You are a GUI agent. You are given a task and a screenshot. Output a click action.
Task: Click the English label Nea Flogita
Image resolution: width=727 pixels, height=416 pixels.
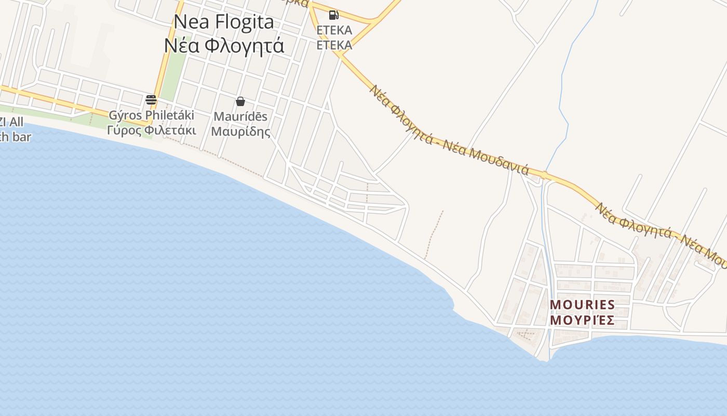pos(223,22)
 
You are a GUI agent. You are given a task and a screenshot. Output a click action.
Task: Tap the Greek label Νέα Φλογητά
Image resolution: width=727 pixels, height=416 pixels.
pos(224,46)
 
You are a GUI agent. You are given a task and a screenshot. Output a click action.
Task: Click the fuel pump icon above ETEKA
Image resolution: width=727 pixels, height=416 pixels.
pos(334,15)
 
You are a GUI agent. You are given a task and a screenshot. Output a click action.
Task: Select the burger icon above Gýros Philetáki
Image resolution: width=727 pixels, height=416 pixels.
pos(151,100)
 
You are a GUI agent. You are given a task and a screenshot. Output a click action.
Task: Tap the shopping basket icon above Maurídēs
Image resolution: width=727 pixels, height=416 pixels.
pos(240,101)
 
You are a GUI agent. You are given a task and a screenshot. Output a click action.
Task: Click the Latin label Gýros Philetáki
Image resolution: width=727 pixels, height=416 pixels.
pos(151,115)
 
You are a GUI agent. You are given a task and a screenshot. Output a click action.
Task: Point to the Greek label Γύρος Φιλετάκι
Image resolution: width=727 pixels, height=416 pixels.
pos(151,130)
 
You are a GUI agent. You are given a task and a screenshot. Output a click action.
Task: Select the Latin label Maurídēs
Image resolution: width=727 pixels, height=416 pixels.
pos(240,116)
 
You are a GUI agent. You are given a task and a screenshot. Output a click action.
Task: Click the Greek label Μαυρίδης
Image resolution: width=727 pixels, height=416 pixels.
pos(240,131)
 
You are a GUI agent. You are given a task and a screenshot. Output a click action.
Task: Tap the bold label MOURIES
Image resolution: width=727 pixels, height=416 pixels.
pos(582,304)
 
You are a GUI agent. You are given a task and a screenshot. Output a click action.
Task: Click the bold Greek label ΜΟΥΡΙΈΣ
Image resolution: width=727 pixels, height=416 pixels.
pos(582,320)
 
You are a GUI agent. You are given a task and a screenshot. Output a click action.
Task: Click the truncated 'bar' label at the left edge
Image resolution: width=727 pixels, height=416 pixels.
pos(16,137)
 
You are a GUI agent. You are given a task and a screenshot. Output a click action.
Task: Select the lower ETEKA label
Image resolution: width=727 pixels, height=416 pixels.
pos(334,45)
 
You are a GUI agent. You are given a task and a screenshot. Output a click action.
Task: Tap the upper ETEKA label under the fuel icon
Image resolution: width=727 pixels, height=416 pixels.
pos(334,30)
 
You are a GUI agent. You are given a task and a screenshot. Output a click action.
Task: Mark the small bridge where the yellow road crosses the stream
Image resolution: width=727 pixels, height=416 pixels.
pos(544,176)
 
